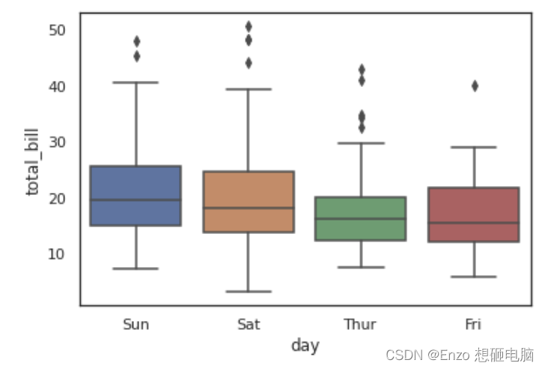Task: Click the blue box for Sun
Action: pyautogui.click(x=136, y=196)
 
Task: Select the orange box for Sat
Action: pyautogui.click(x=249, y=202)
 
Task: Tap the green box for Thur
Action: pyautogui.click(x=361, y=218)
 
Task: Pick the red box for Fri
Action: pyautogui.click(x=474, y=214)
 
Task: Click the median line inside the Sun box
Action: pyautogui.click(x=136, y=199)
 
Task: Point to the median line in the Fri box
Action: pyautogui.click(x=474, y=223)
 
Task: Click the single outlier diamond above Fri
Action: pyautogui.click(x=475, y=86)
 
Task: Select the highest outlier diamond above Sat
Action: pyautogui.click(x=249, y=26)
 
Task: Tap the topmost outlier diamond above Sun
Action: pyautogui.click(x=137, y=42)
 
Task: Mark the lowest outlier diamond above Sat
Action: pyautogui.click(x=249, y=63)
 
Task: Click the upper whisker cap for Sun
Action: pyautogui.click(x=136, y=82)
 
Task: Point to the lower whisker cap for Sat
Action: pyautogui.click(x=249, y=291)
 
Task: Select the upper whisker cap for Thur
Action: pyautogui.click(x=361, y=143)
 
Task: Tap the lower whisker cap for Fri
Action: pyautogui.click(x=474, y=277)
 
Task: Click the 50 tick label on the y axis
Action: pyautogui.click(x=57, y=31)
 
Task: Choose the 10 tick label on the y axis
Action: pyautogui.click(x=56, y=254)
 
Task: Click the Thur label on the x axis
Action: pyautogui.click(x=360, y=325)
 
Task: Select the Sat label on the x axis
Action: pyautogui.click(x=249, y=325)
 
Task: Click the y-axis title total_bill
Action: pyautogui.click(x=32, y=162)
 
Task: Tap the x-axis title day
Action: pyautogui.click(x=305, y=346)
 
